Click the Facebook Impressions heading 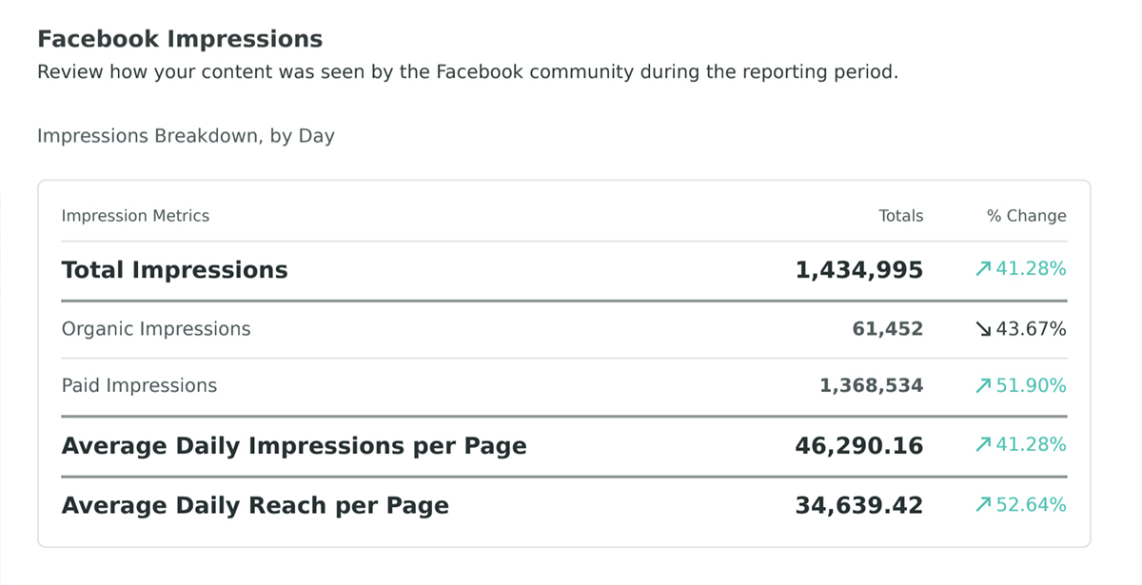coord(180,39)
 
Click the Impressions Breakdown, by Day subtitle coord(186,136)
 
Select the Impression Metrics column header coord(135,216)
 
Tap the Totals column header coord(900,216)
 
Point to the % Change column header coord(1026,216)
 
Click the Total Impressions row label coord(174,270)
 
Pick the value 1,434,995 coord(858,270)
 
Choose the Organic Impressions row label coord(156,329)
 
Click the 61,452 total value coord(887,329)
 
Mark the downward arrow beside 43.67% coord(983,329)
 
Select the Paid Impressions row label coord(139,386)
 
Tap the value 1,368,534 coord(871,386)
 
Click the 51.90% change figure coord(1031,386)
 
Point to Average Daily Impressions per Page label coord(294,445)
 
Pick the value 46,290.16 coord(858,445)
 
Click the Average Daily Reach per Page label coord(255,505)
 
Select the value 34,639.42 coord(858,505)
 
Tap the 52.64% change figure coord(1031,505)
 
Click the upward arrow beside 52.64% coord(983,505)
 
